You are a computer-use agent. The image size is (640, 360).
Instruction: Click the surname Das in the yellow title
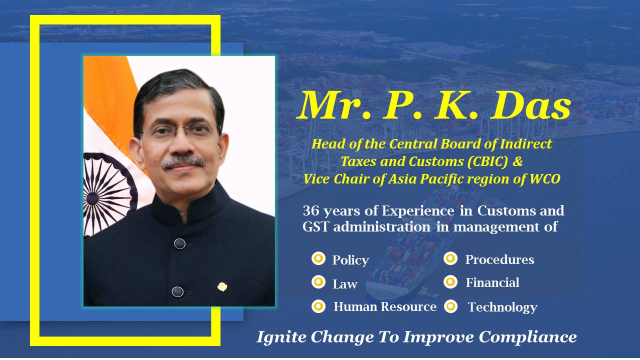click(531, 105)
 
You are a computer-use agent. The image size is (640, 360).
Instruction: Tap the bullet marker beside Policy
click(318, 259)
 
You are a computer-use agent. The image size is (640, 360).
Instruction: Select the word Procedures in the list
click(499, 259)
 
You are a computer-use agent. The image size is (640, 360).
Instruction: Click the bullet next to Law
click(318, 282)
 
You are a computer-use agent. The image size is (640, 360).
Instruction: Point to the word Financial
click(492, 282)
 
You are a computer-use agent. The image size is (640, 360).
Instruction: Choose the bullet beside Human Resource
click(318, 306)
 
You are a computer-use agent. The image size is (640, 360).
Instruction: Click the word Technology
click(503, 307)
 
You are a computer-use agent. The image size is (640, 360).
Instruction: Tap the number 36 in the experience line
click(311, 211)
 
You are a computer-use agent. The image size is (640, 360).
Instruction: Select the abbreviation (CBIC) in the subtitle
click(488, 161)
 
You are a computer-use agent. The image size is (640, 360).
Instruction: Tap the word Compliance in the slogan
click(527, 337)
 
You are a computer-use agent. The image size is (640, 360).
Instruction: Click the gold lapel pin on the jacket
click(222, 286)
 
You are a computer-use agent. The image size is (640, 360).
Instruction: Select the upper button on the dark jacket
click(179, 243)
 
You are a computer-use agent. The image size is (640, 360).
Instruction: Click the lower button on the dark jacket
click(177, 291)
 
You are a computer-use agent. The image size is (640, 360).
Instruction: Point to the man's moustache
click(183, 162)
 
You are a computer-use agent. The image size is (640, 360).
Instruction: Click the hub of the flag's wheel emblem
click(92, 198)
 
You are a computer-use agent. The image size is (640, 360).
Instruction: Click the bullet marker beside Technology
click(450, 306)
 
